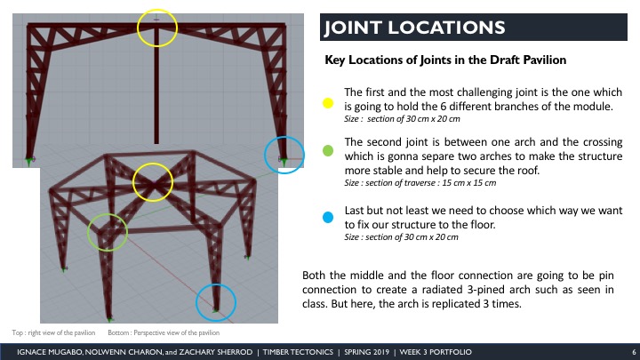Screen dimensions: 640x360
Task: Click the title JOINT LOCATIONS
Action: [415, 28]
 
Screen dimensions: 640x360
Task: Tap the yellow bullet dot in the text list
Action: [328, 103]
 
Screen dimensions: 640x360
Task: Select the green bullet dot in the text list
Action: [328, 150]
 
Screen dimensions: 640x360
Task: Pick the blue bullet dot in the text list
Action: [328, 217]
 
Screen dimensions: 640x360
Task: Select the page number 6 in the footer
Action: [634, 352]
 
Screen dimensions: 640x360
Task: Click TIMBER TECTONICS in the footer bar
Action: [298, 352]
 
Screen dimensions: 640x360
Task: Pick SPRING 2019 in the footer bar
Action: [366, 352]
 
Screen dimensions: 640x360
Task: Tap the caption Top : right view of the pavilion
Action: [53, 332]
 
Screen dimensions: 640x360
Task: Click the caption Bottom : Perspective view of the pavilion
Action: [164, 332]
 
